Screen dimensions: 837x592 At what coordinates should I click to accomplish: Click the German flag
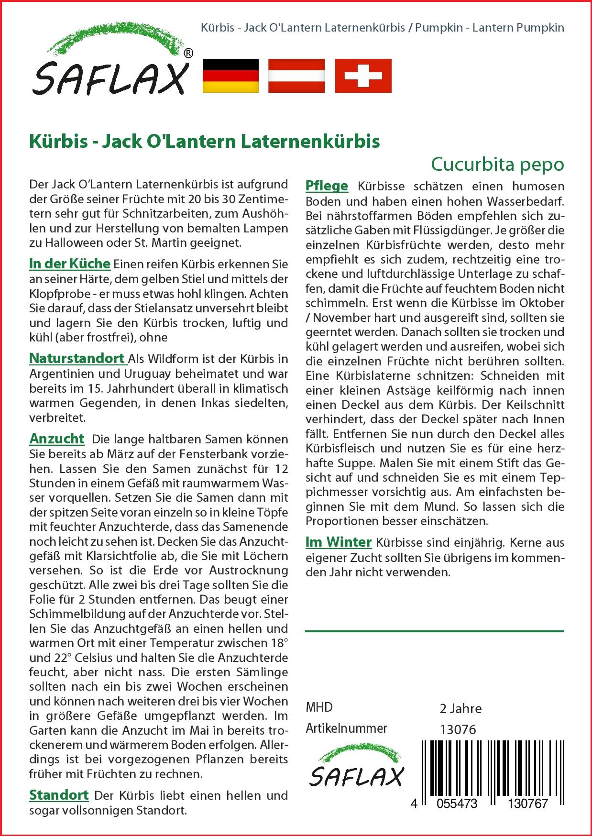coord(230,76)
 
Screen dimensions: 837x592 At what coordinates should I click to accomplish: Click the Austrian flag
coord(296,76)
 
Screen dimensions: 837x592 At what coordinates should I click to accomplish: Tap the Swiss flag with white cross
coord(363,76)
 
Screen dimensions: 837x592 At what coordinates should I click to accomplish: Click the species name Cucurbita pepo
coord(497,164)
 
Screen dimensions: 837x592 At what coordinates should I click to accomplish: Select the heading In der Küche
coord(70,264)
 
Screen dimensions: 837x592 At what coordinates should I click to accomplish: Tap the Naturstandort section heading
coord(77,358)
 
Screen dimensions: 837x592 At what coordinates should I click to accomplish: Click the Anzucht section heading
coord(56,439)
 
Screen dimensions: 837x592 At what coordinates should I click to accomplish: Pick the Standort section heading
coord(59,795)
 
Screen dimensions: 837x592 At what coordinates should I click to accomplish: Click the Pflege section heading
coord(327,186)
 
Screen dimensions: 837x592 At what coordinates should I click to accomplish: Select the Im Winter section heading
coord(338,542)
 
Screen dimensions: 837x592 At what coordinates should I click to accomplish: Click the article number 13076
coord(458,729)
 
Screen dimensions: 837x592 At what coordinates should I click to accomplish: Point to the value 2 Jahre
coord(460,708)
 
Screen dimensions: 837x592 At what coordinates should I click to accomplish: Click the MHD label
coord(319,707)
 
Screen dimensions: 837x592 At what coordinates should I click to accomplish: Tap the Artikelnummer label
coord(346,728)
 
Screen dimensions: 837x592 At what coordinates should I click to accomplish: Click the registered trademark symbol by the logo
coord(188,54)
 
